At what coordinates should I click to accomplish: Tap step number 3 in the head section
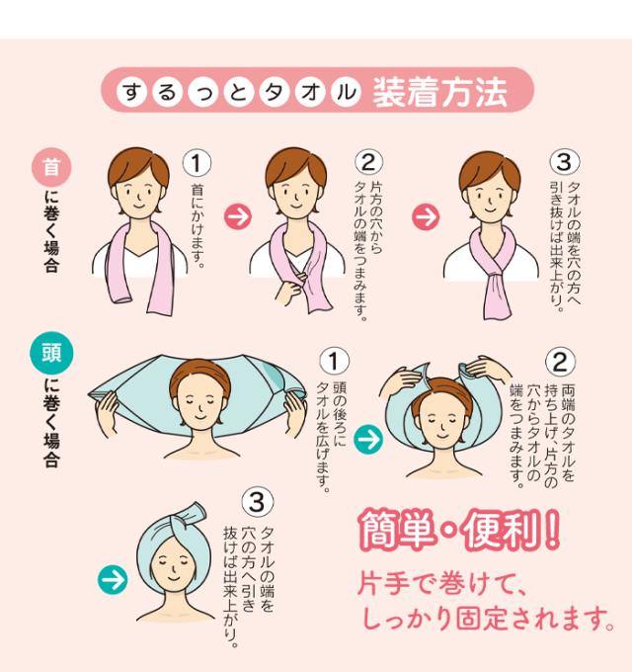[257, 501]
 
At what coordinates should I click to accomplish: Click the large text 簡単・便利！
[459, 534]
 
